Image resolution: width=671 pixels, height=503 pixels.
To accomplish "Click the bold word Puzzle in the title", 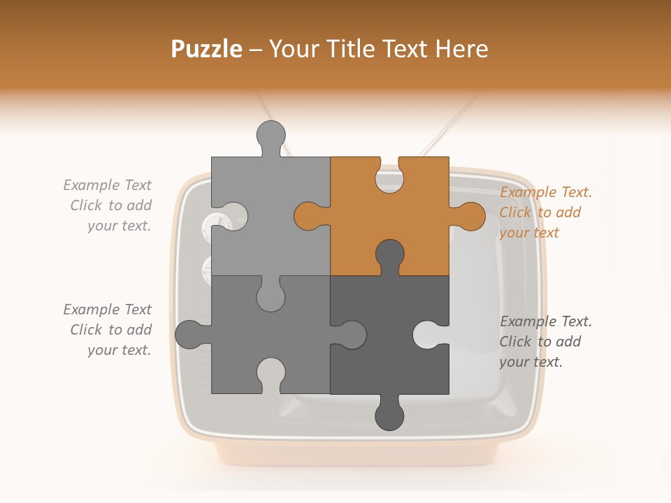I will click(207, 49).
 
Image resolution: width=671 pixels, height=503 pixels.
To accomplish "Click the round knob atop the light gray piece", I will click(271, 134).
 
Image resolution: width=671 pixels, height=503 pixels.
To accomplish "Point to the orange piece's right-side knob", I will click(470, 217).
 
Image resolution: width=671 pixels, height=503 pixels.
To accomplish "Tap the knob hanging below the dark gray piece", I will click(389, 415).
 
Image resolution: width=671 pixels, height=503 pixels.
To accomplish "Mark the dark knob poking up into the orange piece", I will click(389, 254).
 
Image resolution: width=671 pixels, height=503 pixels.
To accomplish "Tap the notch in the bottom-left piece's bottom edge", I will click(271, 373).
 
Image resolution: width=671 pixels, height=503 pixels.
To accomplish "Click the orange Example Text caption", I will click(545, 212).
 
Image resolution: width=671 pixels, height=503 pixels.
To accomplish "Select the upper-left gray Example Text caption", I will click(108, 205).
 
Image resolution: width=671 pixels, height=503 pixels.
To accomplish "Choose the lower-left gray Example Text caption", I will click(108, 330).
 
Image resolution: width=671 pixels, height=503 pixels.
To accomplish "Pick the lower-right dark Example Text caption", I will click(545, 342).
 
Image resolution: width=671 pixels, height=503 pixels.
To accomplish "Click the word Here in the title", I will click(462, 49).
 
